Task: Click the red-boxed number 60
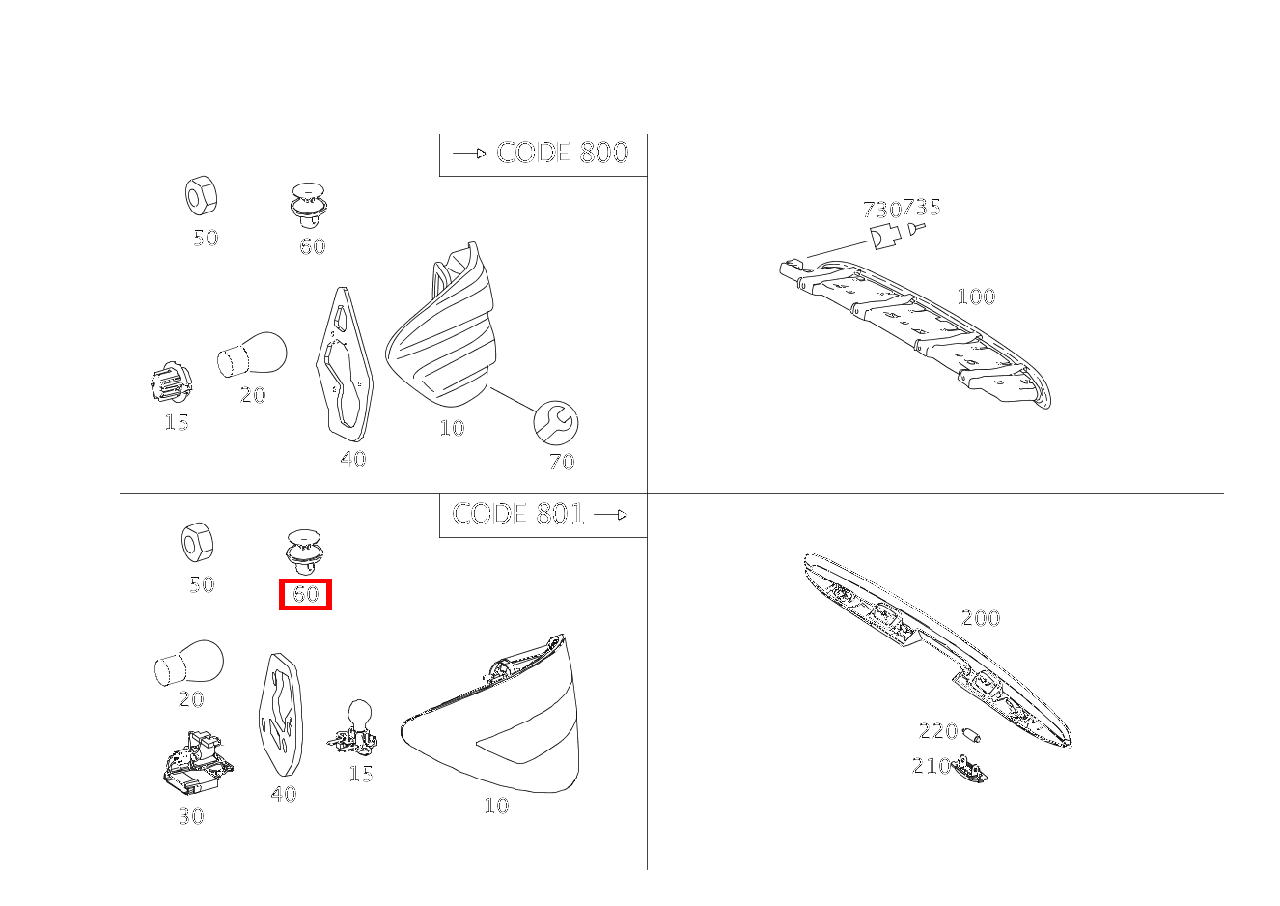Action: point(305,594)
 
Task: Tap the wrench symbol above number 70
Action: point(555,422)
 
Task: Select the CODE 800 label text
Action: point(562,153)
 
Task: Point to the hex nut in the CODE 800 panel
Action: point(201,195)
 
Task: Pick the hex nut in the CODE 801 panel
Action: point(198,542)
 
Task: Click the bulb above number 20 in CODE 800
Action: point(252,354)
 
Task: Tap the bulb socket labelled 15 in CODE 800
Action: point(172,382)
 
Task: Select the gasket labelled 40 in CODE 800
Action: point(345,364)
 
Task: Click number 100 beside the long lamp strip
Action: point(976,297)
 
